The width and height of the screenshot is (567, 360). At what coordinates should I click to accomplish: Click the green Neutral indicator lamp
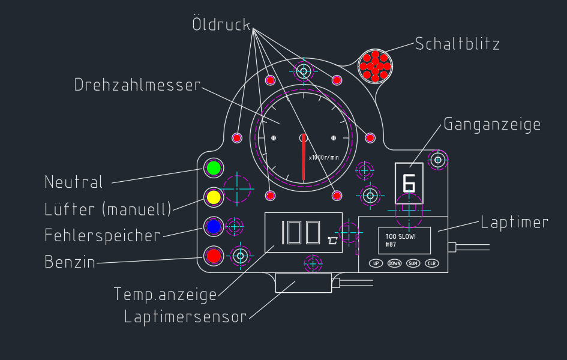click(x=213, y=169)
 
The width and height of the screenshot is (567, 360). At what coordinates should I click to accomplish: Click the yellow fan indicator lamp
click(x=213, y=197)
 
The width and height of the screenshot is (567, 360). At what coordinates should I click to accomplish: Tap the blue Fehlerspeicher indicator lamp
click(x=213, y=226)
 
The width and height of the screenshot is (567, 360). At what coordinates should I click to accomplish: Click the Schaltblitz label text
click(x=457, y=44)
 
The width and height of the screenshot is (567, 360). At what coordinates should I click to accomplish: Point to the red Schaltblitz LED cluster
click(x=375, y=65)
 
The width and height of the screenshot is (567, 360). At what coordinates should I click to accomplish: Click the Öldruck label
click(x=221, y=25)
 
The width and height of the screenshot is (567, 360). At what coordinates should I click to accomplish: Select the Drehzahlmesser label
click(x=137, y=85)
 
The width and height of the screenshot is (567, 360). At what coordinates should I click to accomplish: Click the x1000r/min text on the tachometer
click(x=324, y=157)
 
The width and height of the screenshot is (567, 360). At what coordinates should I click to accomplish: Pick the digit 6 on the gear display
click(x=409, y=182)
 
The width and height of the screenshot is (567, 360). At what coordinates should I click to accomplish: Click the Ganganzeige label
click(x=492, y=124)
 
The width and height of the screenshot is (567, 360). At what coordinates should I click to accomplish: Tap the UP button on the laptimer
click(x=376, y=263)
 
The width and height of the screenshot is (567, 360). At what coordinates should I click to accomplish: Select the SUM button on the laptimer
click(x=413, y=263)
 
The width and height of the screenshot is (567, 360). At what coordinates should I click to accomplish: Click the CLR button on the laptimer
click(x=432, y=263)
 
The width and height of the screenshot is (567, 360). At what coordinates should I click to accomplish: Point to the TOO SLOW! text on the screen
click(x=400, y=236)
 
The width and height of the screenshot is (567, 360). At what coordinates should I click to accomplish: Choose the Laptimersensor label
click(x=185, y=317)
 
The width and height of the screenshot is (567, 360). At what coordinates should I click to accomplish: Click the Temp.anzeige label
click(x=165, y=295)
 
